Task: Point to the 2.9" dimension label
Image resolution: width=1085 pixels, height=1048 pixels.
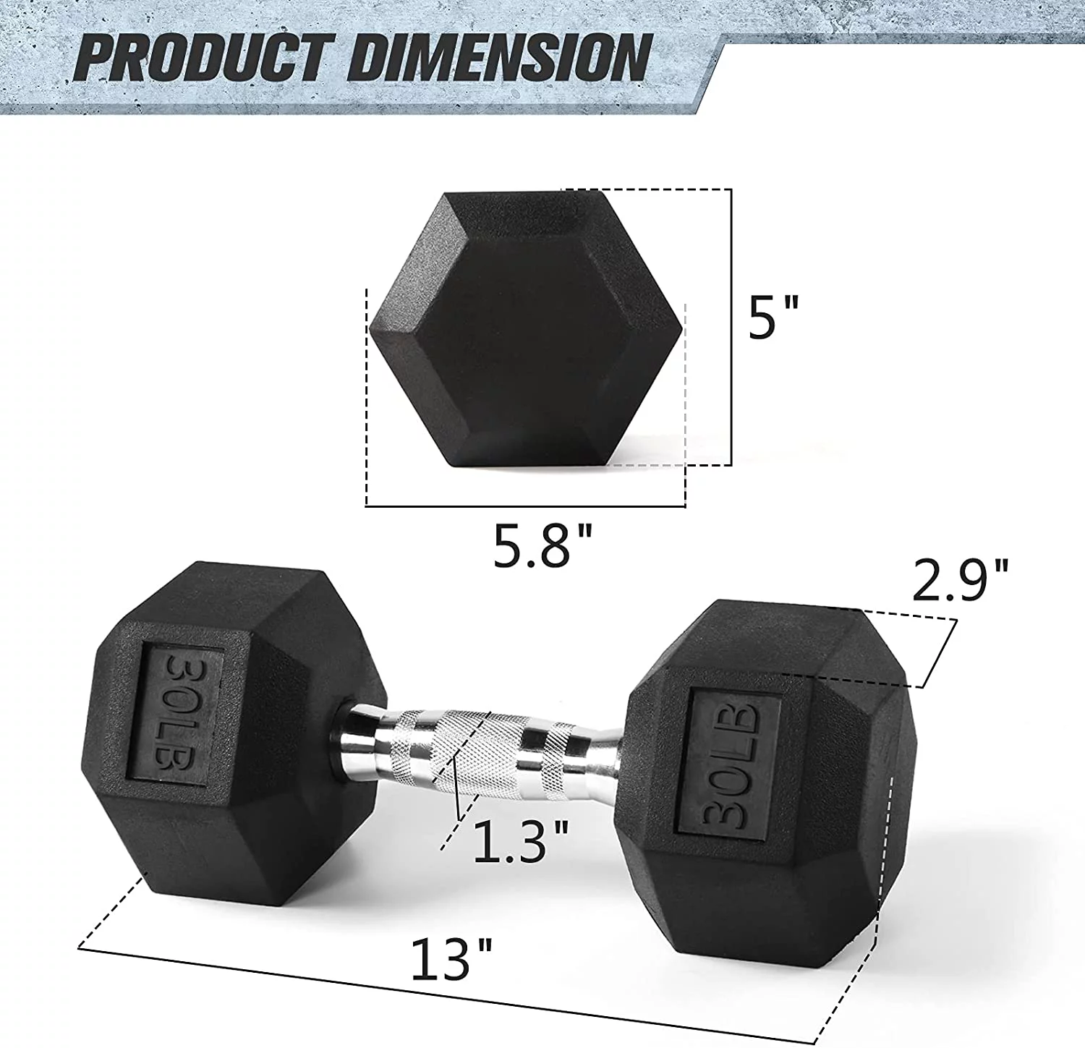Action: click(959, 580)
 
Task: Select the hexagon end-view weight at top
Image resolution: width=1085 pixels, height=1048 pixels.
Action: click(526, 329)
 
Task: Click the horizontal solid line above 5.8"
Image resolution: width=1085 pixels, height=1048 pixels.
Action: click(525, 506)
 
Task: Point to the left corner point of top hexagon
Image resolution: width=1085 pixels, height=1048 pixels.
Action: click(370, 329)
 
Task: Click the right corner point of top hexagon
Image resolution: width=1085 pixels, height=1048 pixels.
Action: click(681, 329)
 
